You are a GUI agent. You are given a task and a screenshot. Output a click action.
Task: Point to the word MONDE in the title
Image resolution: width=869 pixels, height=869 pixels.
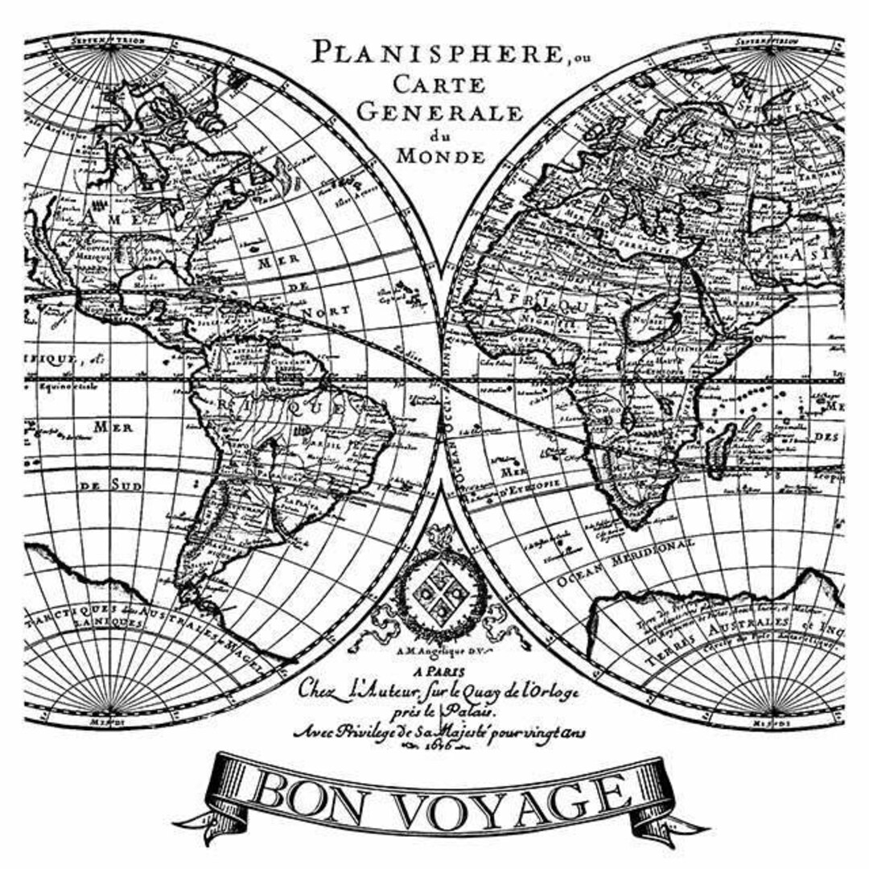(x=441, y=155)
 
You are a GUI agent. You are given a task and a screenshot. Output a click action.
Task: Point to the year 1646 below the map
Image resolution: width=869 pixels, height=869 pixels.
(x=440, y=746)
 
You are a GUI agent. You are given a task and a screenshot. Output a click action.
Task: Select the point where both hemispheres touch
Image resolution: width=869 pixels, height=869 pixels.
(x=441, y=379)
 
